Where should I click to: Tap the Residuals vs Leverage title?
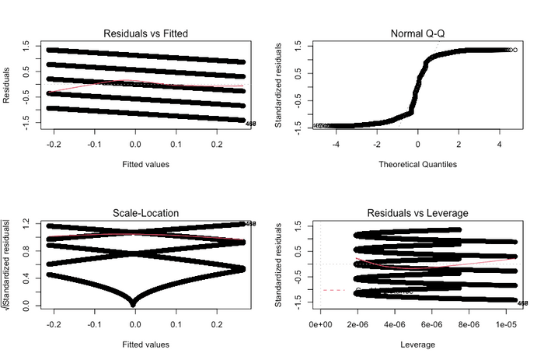[x=417, y=212]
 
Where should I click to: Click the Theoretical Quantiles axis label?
[x=417, y=164]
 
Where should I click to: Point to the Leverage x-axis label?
[x=417, y=343]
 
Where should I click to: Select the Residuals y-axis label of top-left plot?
[x=7, y=85]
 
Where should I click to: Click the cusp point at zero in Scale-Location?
[x=135, y=304]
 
